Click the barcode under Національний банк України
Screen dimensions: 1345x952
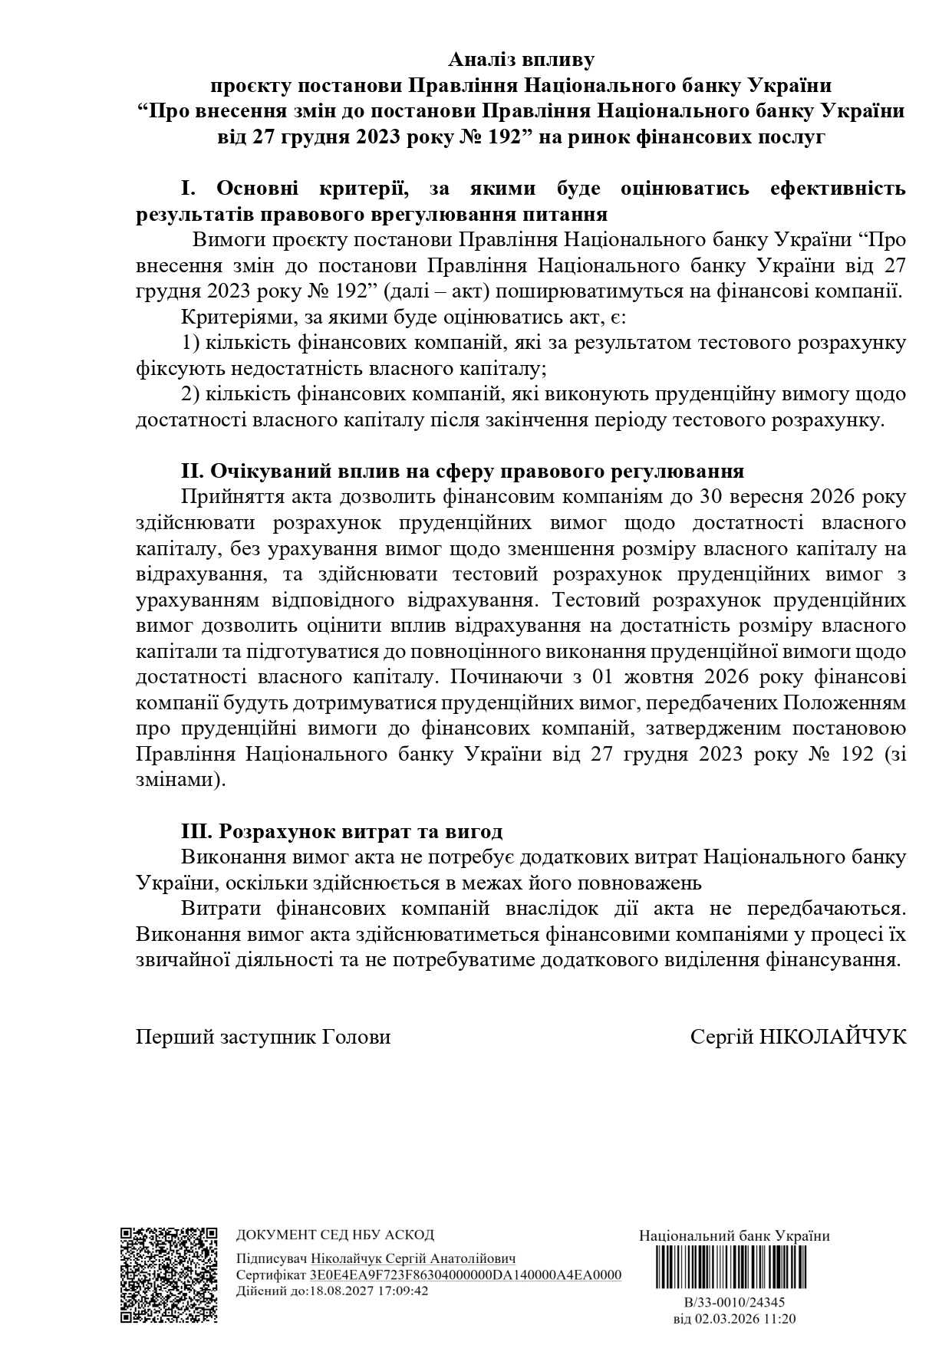click(734, 1266)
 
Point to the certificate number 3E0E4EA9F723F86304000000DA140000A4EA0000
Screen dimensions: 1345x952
click(465, 1274)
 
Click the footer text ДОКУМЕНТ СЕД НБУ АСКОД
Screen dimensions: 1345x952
click(334, 1235)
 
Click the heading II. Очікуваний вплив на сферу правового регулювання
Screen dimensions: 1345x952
click(462, 470)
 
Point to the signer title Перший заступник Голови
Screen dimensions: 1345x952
click(263, 1037)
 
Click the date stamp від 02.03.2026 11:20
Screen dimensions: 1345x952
click(734, 1319)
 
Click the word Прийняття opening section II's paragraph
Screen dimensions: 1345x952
click(226, 496)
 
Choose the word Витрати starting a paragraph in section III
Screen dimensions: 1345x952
click(215, 909)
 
